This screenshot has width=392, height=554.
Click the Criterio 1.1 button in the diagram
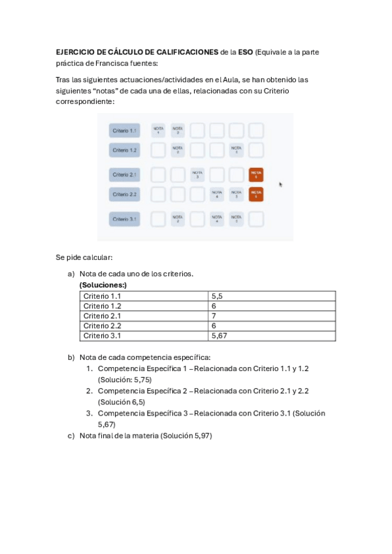[x=124, y=131]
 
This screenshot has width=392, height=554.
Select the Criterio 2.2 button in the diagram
[x=124, y=194]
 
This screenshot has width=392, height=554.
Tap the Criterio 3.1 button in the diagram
[x=124, y=219]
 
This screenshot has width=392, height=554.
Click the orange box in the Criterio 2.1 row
[x=256, y=174]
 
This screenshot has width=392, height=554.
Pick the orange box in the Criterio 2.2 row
[x=256, y=194]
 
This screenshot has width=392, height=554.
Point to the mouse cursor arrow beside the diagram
[x=281, y=184]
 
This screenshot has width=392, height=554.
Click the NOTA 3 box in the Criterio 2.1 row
[x=197, y=174]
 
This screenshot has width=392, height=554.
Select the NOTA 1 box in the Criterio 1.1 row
[x=158, y=131]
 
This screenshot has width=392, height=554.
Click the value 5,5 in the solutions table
[x=218, y=296]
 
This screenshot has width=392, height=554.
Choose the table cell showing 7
[x=214, y=316]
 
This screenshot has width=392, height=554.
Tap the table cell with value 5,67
[x=220, y=336]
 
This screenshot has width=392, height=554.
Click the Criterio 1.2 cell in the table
[x=103, y=306]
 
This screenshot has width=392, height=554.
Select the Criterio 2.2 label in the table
[x=103, y=325]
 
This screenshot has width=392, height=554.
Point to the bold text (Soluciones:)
[x=103, y=285]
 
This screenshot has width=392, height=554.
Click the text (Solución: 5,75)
[x=125, y=379]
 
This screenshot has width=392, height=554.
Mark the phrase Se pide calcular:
[x=84, y=257]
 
